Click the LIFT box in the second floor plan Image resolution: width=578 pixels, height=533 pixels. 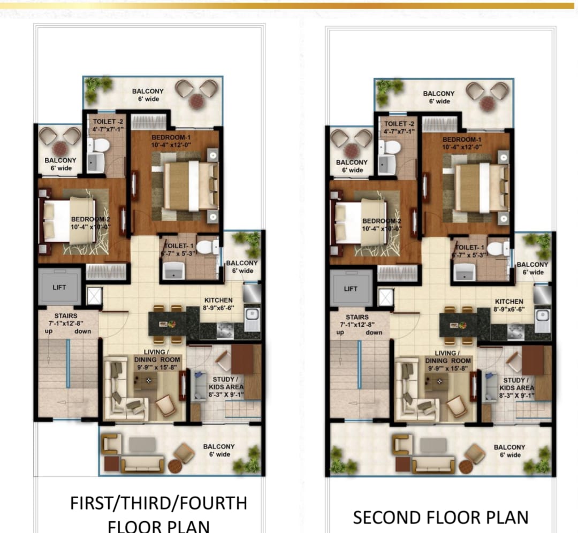(x=351, y=288)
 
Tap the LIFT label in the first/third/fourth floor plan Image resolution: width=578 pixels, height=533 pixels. (x=59, y=288)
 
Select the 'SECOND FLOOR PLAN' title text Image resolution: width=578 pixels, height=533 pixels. (x=440, y=517)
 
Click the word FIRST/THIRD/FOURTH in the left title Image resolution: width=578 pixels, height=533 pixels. (x=158, y=504)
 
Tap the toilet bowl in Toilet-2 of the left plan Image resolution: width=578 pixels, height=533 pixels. (x=102, y=145)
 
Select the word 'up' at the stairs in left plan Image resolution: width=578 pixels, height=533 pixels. (x=45, y=331)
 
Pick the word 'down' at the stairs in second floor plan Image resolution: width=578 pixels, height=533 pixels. (x=374, y=332)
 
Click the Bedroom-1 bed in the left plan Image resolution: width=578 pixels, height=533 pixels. (x=189, y=186)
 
